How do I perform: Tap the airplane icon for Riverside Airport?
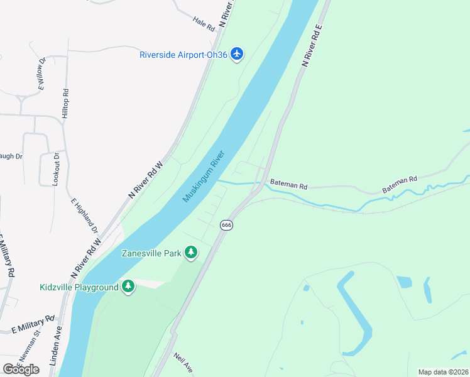(x=237, y=54)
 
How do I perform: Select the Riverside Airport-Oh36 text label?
(x=183, y=55)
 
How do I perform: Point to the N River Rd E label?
(x=312, y=46)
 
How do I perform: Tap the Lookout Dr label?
(x=56, y=168)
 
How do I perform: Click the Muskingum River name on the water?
(x=204, y=177)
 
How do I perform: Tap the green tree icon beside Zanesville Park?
(x=191, y=253)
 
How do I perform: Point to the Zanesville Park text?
(x=151, y=253)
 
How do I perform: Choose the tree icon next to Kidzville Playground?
(x=128, y=287)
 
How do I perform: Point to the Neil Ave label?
(x=183, y=363)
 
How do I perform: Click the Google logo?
(x=21, y=369)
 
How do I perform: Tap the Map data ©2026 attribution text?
(x=443, y=372)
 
